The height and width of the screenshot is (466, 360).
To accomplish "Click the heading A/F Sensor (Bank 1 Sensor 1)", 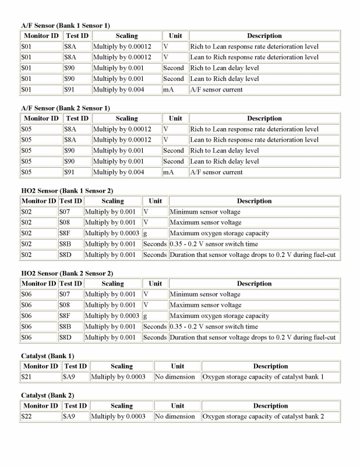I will click(x=65, y=26).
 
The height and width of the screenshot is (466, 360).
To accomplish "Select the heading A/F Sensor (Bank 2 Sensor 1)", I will click(x=65, y=108).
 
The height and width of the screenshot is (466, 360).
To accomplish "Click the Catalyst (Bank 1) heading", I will click(x=48, y=356).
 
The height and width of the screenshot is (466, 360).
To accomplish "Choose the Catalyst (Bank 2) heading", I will click(x=48, y=395).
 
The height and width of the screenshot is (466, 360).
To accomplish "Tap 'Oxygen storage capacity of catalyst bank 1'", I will click(x=263, y=377).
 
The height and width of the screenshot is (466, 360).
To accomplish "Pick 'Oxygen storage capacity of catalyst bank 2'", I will click(x=263, y=416).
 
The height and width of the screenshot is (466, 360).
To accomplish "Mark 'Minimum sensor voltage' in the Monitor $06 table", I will click(x=204, y=295).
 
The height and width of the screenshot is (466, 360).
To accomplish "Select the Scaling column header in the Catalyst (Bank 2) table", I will click(x=121, y=406).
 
